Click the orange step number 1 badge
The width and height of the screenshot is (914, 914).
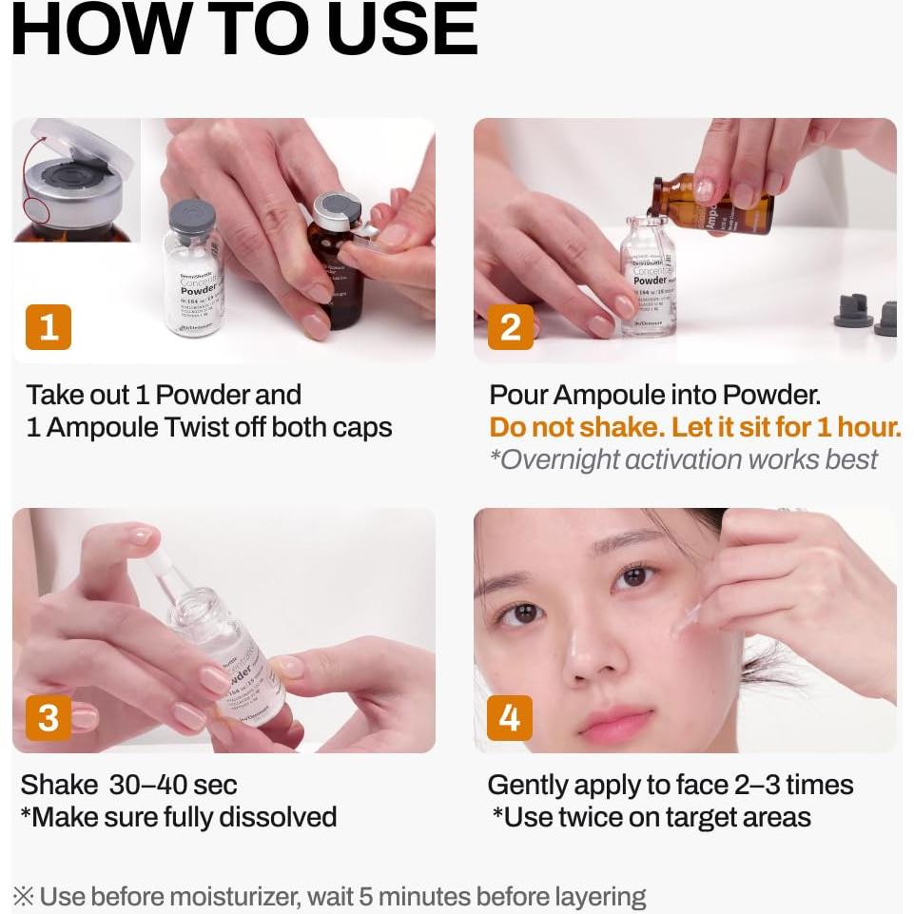click(49, 328)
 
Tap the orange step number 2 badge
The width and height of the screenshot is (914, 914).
click(510, 328)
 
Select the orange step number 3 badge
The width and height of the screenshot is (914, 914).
click(49, 718)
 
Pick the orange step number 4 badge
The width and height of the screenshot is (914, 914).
click(510, 718)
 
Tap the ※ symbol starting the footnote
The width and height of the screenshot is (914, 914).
click(24, 896)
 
